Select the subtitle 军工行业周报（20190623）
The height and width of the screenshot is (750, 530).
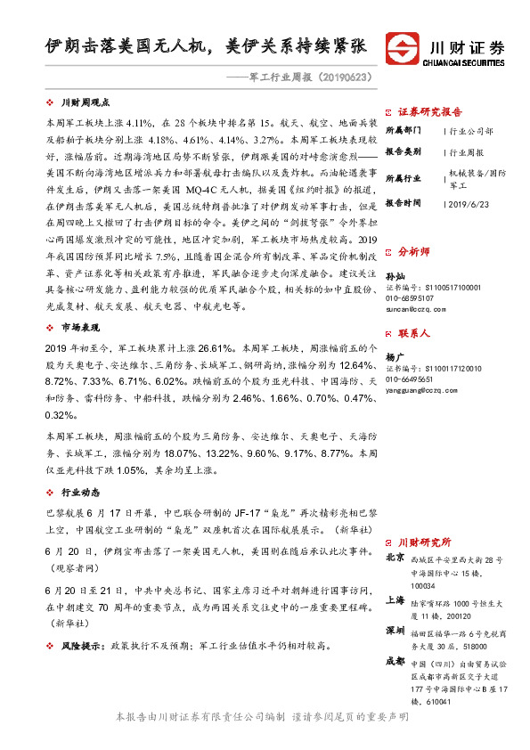click(313, 77)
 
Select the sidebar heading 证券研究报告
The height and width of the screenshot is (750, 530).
click(430, 112)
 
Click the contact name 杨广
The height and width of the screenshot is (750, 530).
click(394, 357)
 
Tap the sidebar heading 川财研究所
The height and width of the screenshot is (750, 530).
click(424, 542)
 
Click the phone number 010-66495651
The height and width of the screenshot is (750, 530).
click(411, 379)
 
